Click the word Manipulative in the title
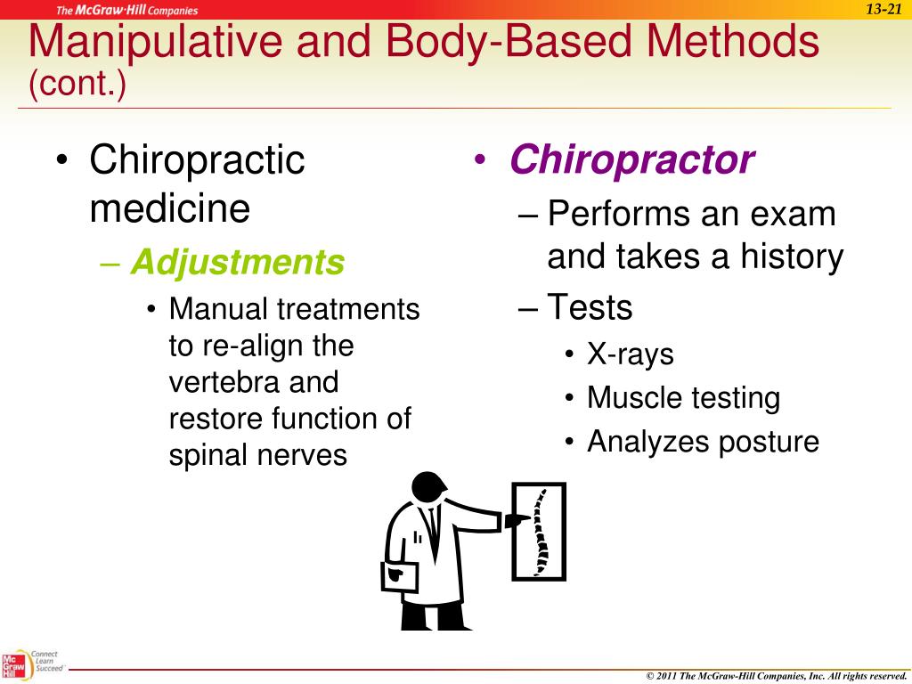coord(153,43)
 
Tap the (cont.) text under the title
coord(77,85)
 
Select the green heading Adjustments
coord(237,263)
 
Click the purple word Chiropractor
coord(631,161)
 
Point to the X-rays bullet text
coord(630,354)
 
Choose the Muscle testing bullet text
coord(683,398)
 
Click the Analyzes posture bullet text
coord(702,442)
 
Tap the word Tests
coord(590,307)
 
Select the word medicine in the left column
coord(169,209)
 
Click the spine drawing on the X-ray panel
coord(540,531)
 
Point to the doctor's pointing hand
coord(517,519)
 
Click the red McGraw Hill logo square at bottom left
coord(13,666)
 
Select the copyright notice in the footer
coord(775,676)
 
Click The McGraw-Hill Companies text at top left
coord(127,11)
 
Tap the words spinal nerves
coord(257,455)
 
